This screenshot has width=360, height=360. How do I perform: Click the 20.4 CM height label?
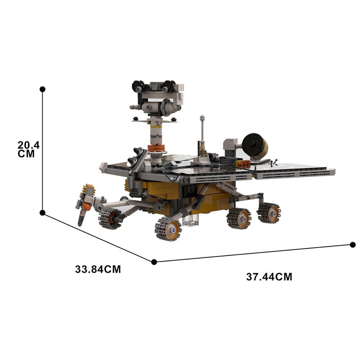coord(29,149)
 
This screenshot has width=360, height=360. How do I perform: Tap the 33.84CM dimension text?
coord(98,270)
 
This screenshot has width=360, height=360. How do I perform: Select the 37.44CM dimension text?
coord(269,277)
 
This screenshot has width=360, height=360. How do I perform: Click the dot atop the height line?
coord(42,89)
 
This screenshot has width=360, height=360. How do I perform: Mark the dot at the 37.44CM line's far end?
coord(352,245)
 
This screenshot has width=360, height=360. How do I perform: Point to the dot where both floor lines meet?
coord(154,261)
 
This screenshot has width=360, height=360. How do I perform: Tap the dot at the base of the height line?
coord(42,212)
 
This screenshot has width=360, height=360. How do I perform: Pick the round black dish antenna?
coord(254,145)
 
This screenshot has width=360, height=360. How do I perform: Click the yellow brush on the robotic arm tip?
coord(88,189)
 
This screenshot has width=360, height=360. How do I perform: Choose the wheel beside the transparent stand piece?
coord(168,229)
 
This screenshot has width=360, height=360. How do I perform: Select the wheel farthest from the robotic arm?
coord(269,213)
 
